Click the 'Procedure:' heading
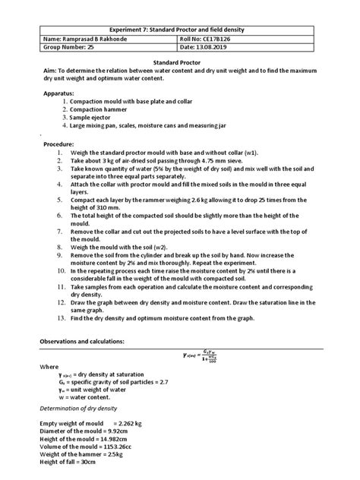coord(57,144)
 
